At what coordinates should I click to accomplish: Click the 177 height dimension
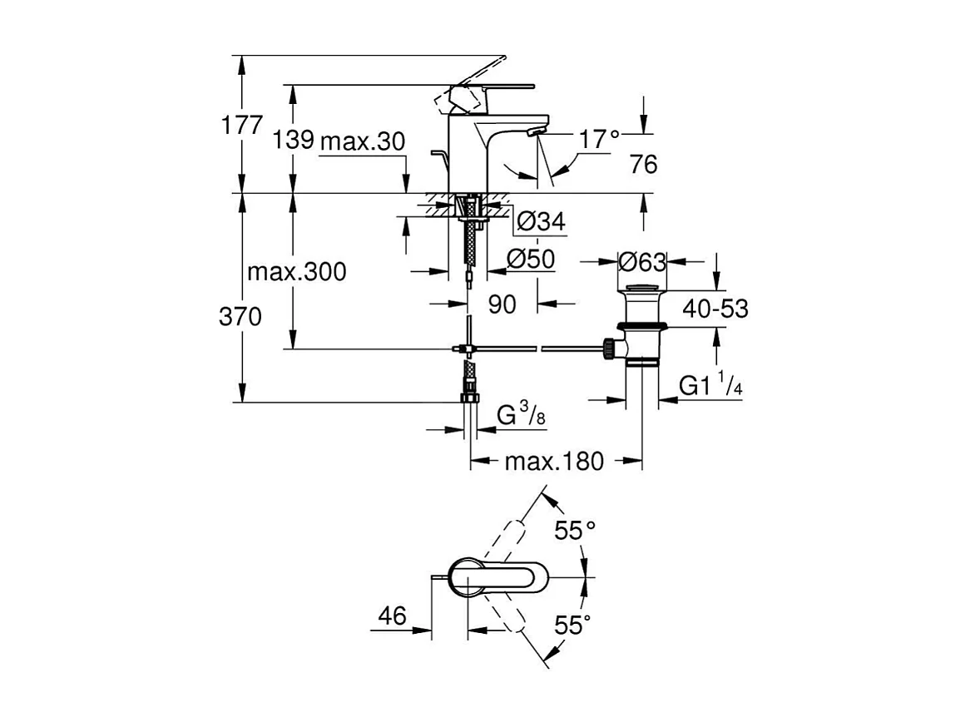(240, 126)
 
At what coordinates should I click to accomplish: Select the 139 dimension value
(292, 141)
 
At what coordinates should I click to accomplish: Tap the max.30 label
(362, 141)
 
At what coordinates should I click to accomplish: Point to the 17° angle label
(600, 139)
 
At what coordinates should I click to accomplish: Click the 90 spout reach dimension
(502, 304)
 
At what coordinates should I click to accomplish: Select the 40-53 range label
(715, 309)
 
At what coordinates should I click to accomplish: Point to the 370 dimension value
(240, 316)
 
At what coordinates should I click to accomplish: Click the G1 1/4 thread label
(710, 386)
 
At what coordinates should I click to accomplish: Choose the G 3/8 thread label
(521, 413)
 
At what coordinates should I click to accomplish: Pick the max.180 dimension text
(554, 461)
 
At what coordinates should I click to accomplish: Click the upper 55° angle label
(577, 530)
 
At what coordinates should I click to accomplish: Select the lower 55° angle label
(573, 625)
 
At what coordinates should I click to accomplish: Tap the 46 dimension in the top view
(392, 616)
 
